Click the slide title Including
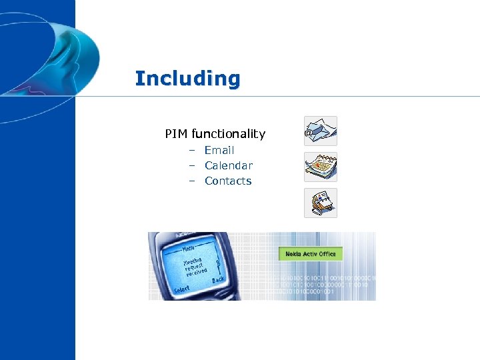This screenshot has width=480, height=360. (187, 79)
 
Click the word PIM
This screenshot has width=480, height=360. (177, 134)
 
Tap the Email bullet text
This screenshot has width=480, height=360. (219, 151)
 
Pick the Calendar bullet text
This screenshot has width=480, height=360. (229, 166)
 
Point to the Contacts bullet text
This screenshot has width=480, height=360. (228, 181)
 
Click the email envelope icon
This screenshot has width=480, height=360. (321, 131)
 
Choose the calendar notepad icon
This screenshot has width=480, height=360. (321, 167)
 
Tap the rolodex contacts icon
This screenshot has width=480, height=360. (321, 203)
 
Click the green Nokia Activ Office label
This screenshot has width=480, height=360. (310, 254)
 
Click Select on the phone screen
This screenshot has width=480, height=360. (181, 290)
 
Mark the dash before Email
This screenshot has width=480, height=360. (191, 151)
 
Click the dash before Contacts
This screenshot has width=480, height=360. (191, 181)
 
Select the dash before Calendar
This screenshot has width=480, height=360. (191, 166)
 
